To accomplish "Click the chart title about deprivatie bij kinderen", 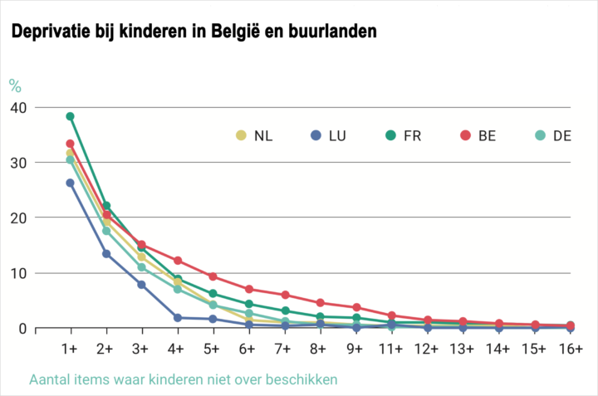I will (194, 32).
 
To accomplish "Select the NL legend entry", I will (253, 135).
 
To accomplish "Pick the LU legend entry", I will (331, 135).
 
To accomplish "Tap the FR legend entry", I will (402, 135).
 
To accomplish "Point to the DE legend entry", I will (553, 135).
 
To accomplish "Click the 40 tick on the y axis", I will (18, 107).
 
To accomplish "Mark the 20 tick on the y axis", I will (18, 218).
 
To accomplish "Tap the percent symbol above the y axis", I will (15, 85).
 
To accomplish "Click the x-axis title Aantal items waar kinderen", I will (184, 380).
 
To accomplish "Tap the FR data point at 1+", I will (71, 116).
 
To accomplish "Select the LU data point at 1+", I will (71, 183).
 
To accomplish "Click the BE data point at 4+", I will (178, 261).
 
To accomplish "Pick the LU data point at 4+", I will (178, 318).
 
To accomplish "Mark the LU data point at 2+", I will (106, 253).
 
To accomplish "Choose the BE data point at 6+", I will (249, 290).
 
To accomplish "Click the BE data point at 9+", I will (356, 307).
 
